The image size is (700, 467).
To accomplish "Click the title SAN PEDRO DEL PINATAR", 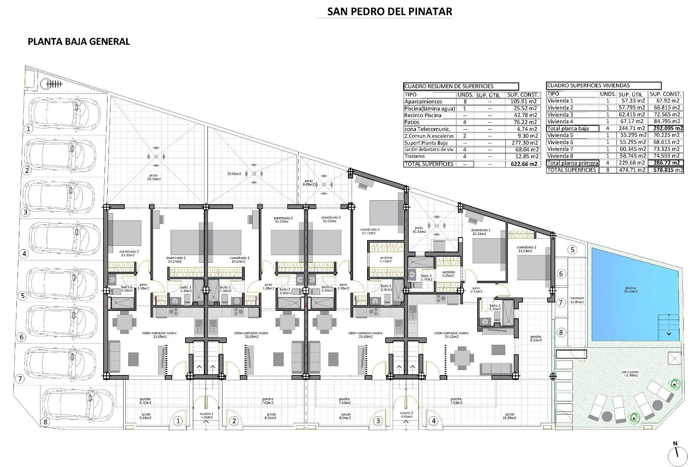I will click(x=389, y=11).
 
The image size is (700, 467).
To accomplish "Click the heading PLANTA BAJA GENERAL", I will click(x=79, y=41).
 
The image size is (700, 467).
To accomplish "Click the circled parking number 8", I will click(x=45, y=422).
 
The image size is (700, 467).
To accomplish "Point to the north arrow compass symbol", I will click(x=677, y=453).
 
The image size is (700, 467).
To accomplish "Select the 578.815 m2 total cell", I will click(x=665, y=170).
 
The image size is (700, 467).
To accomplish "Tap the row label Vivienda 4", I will click(x=560, y=121).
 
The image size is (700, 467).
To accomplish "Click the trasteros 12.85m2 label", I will click(x=577, y=300).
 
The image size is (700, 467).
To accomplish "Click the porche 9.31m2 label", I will click(x=536, y=338).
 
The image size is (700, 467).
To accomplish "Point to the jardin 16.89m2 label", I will click(x=509, y=416).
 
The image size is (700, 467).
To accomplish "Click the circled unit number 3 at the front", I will click(x=378, y=421).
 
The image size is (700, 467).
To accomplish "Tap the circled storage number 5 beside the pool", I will click(x=573, y=250).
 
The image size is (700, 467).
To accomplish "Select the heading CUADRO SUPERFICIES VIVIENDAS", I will click(x=588, y=85).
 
